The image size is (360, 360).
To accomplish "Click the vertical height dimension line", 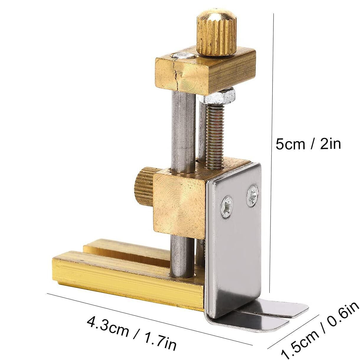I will tap(272, 148).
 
